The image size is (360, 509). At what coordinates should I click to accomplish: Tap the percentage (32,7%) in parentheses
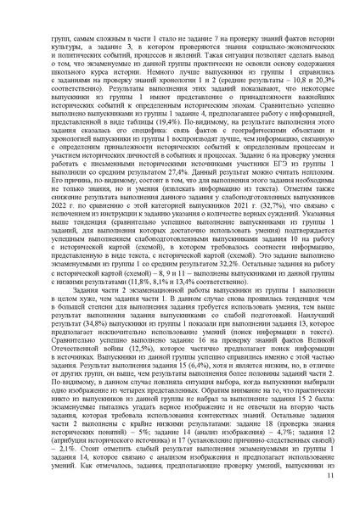[285, 216]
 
